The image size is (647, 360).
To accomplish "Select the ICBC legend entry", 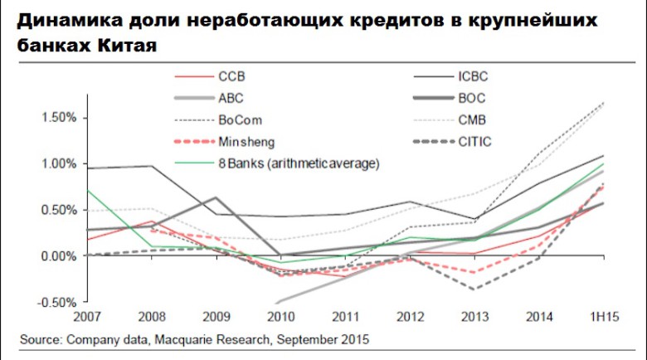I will point(472,76).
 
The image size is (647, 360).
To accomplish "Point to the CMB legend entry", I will point(471,119).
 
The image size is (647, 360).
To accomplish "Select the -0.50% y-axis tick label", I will point(56,302).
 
